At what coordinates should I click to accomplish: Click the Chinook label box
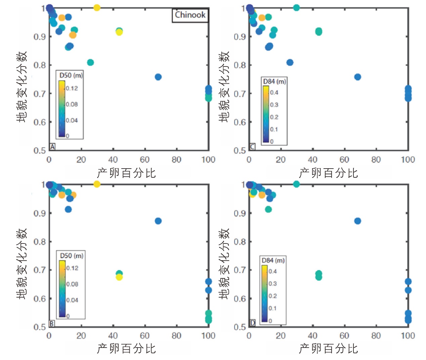(x=190, y=15)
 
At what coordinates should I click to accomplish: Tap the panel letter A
(x=52, y=146)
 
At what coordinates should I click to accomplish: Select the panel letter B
(x=52, y=323)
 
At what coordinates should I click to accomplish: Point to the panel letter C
(x=252, y=146)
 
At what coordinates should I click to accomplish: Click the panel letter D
(x=252, y=323)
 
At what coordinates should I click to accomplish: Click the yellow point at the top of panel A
(x=97, y=7)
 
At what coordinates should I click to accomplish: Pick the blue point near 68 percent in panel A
(x=158, y=77)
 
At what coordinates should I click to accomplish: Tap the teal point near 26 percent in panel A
(x=90, y=62)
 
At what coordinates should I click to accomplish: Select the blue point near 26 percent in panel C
(x=290, y=62)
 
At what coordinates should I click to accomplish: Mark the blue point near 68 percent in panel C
(x=357, y=77)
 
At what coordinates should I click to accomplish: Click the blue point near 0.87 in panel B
(x=158, y=221)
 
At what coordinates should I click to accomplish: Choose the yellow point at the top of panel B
(x=97, y=184)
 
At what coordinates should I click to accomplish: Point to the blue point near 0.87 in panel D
(x=357, y=221)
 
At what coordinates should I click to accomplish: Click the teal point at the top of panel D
(x=296, y=184)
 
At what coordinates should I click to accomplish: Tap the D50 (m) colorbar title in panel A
(x=71, y=75)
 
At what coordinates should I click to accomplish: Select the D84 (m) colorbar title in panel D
(x=273, y=260)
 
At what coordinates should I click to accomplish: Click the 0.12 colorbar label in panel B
(x=72, y=268)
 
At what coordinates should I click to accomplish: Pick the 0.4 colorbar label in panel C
(x=274, y=92)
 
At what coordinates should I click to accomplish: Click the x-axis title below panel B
(x=126, y=349)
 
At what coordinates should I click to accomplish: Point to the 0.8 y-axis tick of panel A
(x=40, y=65)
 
